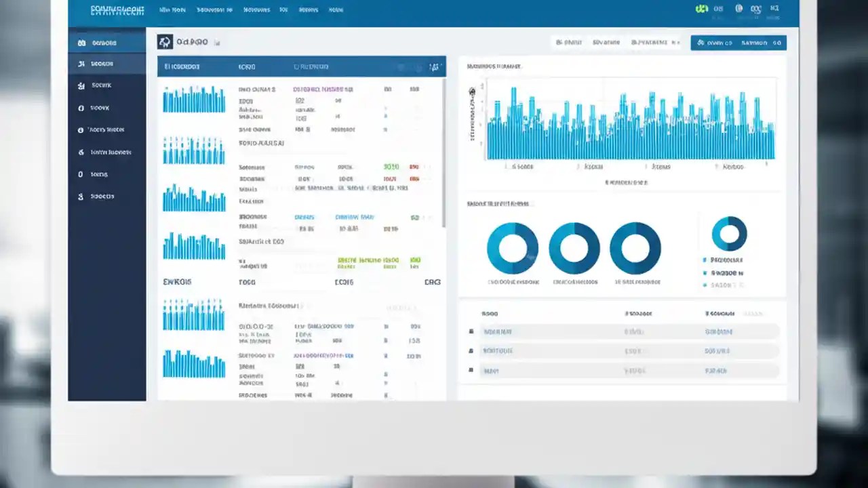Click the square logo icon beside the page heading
(165, 43)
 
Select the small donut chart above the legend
(729, 234)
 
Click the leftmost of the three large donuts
(513, 248)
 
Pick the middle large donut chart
(574, 248)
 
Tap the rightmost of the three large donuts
(635, 248)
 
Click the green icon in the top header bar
(701, 9)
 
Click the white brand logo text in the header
(117, 10)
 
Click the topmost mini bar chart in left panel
(194, 100)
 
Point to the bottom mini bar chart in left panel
(194, 364)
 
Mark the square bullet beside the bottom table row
(471, 371)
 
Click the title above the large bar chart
(494, 66)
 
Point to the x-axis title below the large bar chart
(627, 182)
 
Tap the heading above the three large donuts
(498, 203)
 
